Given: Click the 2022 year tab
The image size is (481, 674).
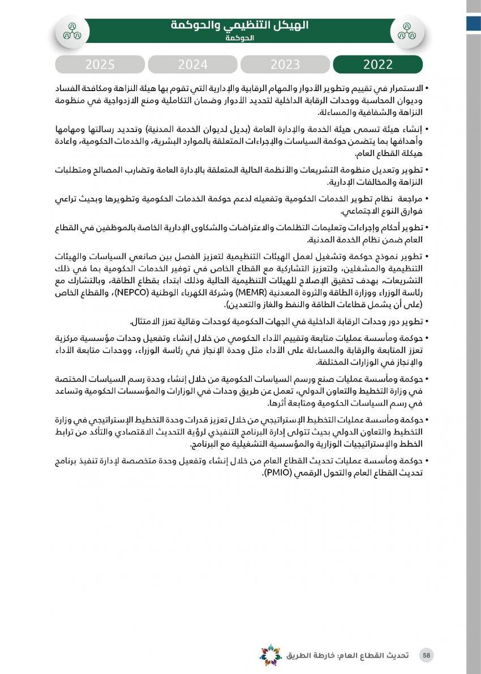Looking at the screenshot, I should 378,64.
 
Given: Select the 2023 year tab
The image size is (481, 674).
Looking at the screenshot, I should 285,64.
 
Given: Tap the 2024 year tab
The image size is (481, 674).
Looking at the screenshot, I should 193,64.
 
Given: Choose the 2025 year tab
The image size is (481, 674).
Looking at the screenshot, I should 100,64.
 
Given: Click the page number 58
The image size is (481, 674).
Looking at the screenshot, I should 427,655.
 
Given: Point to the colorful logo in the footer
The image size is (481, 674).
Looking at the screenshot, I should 270,655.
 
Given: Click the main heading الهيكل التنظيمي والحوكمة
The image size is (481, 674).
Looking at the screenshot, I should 240,25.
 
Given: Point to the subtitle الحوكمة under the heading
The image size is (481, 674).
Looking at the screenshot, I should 240,38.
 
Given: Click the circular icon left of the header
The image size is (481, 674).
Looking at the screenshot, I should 72,31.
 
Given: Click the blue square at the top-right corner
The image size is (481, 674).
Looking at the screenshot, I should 474,23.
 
